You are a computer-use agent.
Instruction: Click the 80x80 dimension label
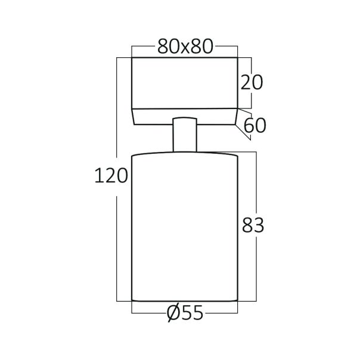[185, 47]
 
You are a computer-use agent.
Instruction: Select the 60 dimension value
[254, 125]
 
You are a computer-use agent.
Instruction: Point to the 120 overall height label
[111, 175]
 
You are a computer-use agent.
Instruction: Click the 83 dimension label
[253, 225]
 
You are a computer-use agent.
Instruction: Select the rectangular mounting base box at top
[184, 82]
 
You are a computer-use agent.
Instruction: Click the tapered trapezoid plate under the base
[184, 116]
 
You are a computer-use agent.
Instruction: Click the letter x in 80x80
[185, 48]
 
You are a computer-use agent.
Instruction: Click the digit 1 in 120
[99, 175]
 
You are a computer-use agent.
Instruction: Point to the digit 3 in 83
[259, 225]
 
